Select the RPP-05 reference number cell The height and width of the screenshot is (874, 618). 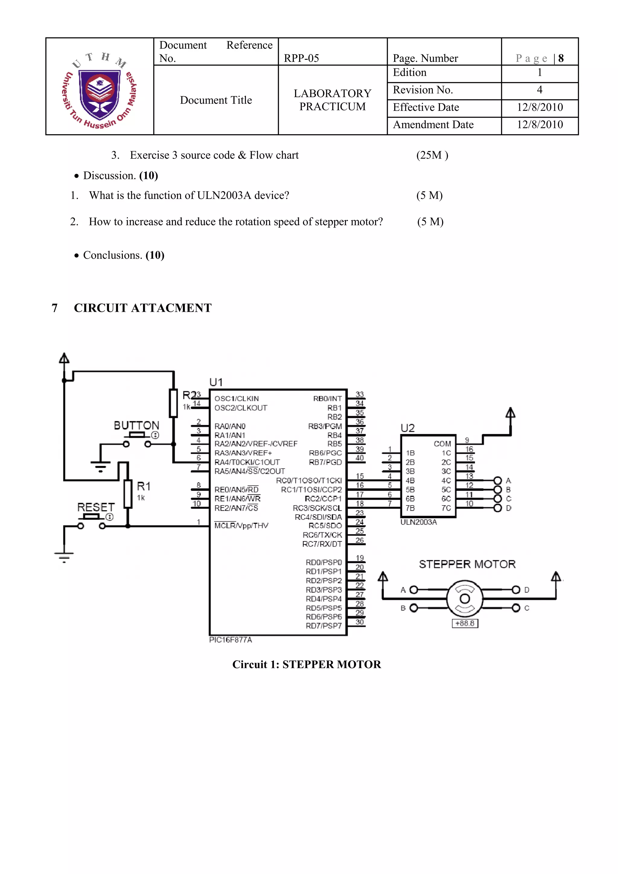tap(301, 58)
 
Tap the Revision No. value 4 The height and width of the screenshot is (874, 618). tap(539, 90)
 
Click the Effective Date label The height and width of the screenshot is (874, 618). tap(426, 107)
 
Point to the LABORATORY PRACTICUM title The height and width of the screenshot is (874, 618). tap(332, 100)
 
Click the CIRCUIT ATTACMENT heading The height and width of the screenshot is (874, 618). tap(143, 308)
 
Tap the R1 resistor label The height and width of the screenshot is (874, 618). tap(143, 486)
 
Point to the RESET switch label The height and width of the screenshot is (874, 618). tap(96, 507)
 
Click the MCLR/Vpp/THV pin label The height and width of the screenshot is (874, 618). tap(241, 526)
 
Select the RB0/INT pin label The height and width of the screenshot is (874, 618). tap(327, 399)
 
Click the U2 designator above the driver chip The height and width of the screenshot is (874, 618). tap(408, 428)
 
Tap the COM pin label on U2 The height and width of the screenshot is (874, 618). tap(442, 444)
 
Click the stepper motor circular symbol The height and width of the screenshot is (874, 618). tap(465, 599)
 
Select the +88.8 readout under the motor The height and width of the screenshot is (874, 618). tap(465, 624)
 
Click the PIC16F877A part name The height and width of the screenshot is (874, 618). tap(231, 640)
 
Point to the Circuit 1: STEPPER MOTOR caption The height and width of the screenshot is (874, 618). tap(307, 665)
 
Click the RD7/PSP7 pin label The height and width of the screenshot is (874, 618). tap(323, 626)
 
